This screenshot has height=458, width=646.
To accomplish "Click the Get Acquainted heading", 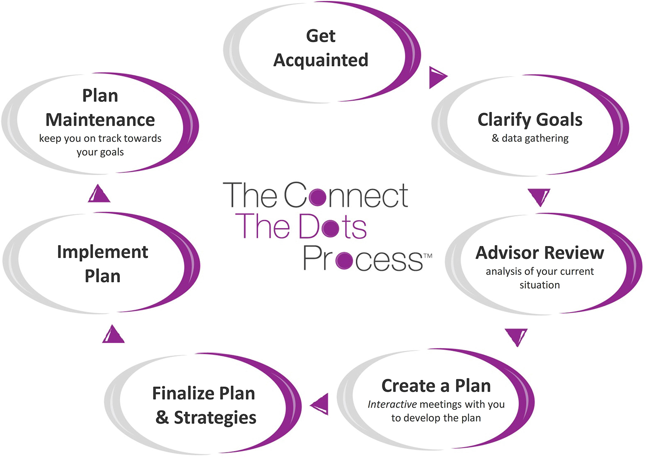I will click(321, 48).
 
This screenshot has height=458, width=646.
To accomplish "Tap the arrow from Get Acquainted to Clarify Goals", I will click(437, 77).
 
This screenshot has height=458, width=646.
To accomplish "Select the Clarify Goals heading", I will click(530, 120).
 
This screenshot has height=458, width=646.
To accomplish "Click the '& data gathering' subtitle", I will click(530, 138).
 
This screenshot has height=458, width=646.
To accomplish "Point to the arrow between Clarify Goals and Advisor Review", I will click(539, 197).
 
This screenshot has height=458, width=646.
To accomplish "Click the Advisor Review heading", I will click(540, 253).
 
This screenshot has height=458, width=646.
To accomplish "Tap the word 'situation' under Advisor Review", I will click(540, 285).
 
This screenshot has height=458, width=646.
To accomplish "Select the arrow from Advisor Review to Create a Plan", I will click(516, 336).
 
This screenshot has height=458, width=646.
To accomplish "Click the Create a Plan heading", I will click(436, 386).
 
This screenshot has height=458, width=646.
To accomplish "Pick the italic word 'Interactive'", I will click(392, 404).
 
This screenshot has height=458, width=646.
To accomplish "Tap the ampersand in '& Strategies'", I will click(162, 418).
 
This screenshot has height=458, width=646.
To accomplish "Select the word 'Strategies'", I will click(215, 418).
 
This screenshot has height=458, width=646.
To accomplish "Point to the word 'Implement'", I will click(102, 252).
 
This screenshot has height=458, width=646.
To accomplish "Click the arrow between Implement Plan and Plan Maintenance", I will click(99, 194).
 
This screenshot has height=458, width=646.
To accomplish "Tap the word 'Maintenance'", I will click(100, 120).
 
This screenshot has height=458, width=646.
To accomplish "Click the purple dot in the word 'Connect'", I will click(318, 197).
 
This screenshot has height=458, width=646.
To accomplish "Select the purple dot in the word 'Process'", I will click(344, 260).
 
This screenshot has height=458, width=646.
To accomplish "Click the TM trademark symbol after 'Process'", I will click(428, 256).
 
